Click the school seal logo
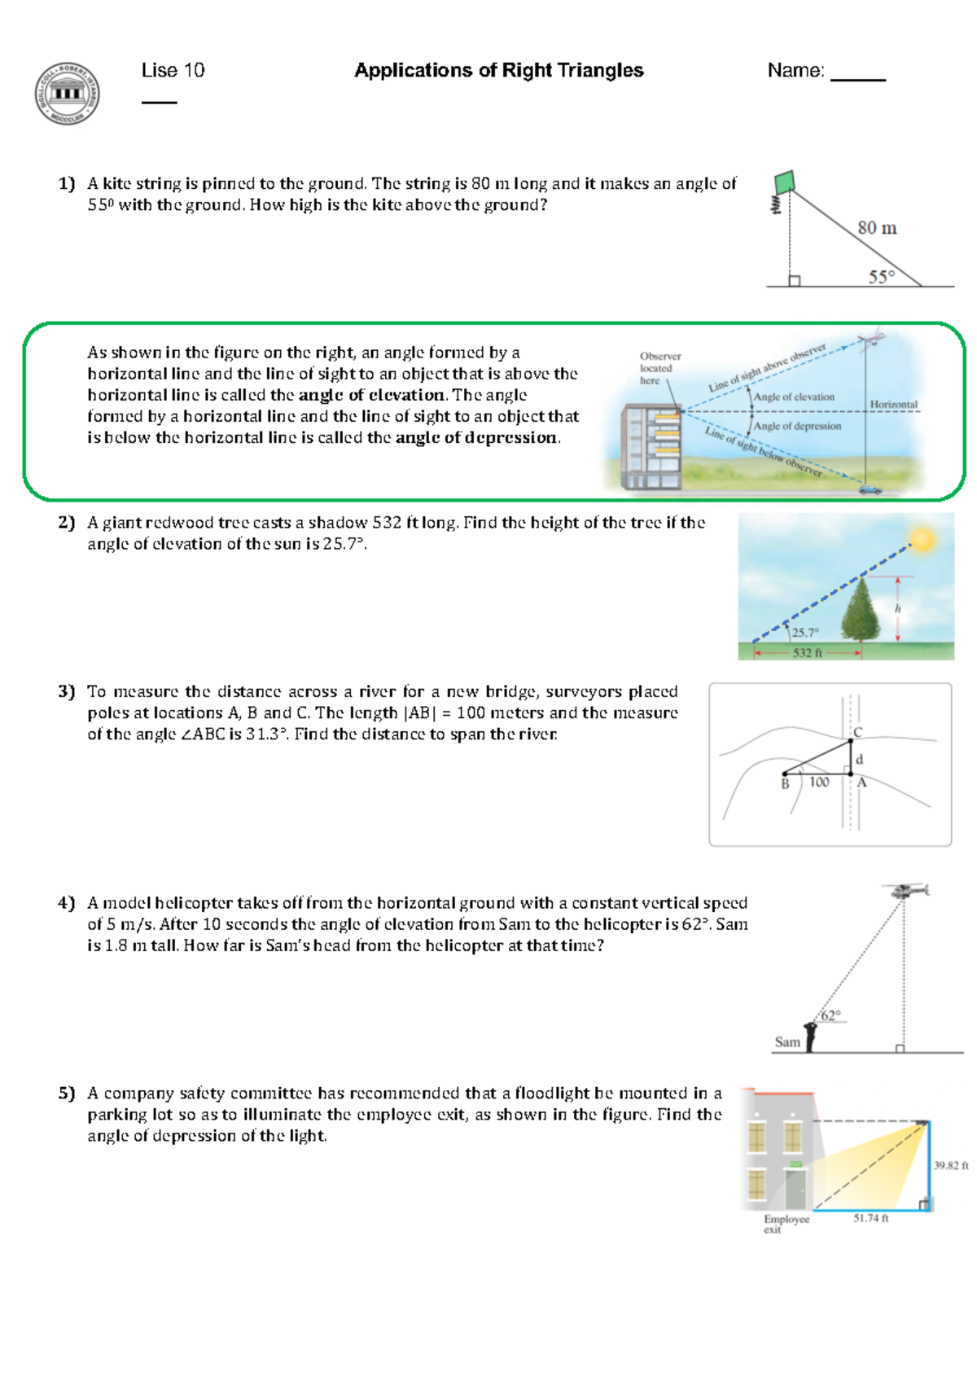68,93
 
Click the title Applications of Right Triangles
498,71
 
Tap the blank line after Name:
857,77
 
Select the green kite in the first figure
784,182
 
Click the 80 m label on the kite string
877,228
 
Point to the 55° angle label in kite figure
881,277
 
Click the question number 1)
66,184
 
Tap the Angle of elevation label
794,397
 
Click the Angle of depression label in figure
797,426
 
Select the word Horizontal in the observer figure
893,404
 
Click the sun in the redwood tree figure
923,540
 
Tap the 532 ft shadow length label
807,652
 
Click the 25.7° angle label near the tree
804,632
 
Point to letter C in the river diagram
857,732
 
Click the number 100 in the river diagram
819,782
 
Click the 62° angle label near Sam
830,1015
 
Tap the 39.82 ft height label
950,1165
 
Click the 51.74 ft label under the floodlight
870,1218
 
